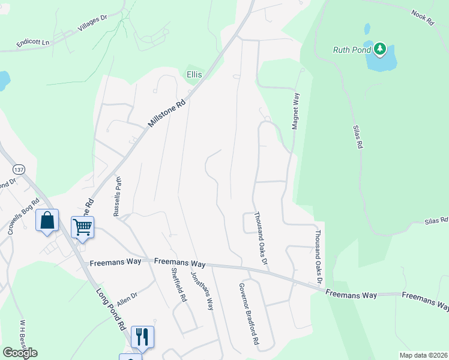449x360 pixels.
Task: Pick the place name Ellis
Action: pos(194,74)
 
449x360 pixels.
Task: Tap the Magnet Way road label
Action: pos(295,110)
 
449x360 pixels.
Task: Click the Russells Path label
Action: pos(118,196)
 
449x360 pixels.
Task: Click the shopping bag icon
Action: pos(47,220)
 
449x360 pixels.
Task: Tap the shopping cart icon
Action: pos(82,227)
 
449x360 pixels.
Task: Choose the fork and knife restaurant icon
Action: pos(142,337)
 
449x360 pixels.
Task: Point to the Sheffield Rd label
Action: pos(178,284)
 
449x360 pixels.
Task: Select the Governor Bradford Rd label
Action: pos(248,313)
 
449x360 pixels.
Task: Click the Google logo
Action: pos(20,353)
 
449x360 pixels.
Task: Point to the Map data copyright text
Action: pos(423,355)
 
